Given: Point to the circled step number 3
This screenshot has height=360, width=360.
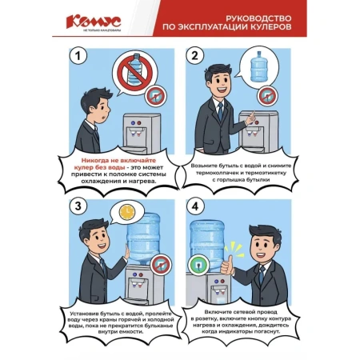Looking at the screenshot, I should (78, 206).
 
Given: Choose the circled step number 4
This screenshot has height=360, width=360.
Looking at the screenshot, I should (194, 206).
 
